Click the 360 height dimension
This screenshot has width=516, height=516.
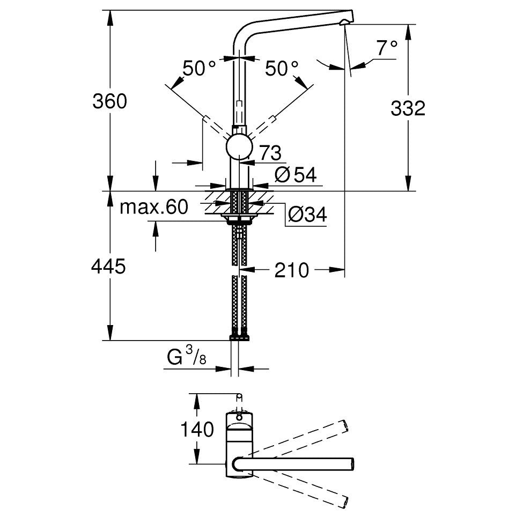click(109, 101)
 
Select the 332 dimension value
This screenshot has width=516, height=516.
click(408, 108)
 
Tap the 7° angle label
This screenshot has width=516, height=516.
click(387, 48)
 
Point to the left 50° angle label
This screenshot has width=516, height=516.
click(199, 69)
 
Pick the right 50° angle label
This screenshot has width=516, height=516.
click(282, 69)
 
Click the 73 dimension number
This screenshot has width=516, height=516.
click(270, 153)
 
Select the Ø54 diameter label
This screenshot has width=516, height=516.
click(295, 174)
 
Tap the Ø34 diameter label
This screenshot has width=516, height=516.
click(307, 215)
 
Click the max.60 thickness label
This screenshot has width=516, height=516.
click(154, 207)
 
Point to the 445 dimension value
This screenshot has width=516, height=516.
click(108, 266)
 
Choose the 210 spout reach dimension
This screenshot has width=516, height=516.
click(292, 270)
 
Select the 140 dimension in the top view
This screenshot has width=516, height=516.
click(197, 429)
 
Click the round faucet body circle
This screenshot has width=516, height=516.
click(239, 147)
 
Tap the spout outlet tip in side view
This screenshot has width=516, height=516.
click(344, 22)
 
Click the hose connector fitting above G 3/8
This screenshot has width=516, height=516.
click(239, 337)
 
